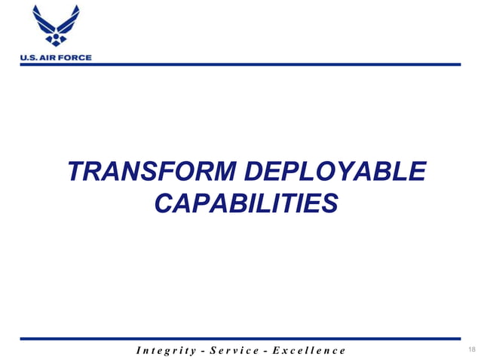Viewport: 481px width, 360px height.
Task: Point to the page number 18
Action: pos(473,350)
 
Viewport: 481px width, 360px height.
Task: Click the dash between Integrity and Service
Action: pos(208,350)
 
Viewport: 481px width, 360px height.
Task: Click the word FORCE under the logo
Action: pos(76,57)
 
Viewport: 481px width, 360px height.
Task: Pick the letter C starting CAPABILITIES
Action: pos(164,203)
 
